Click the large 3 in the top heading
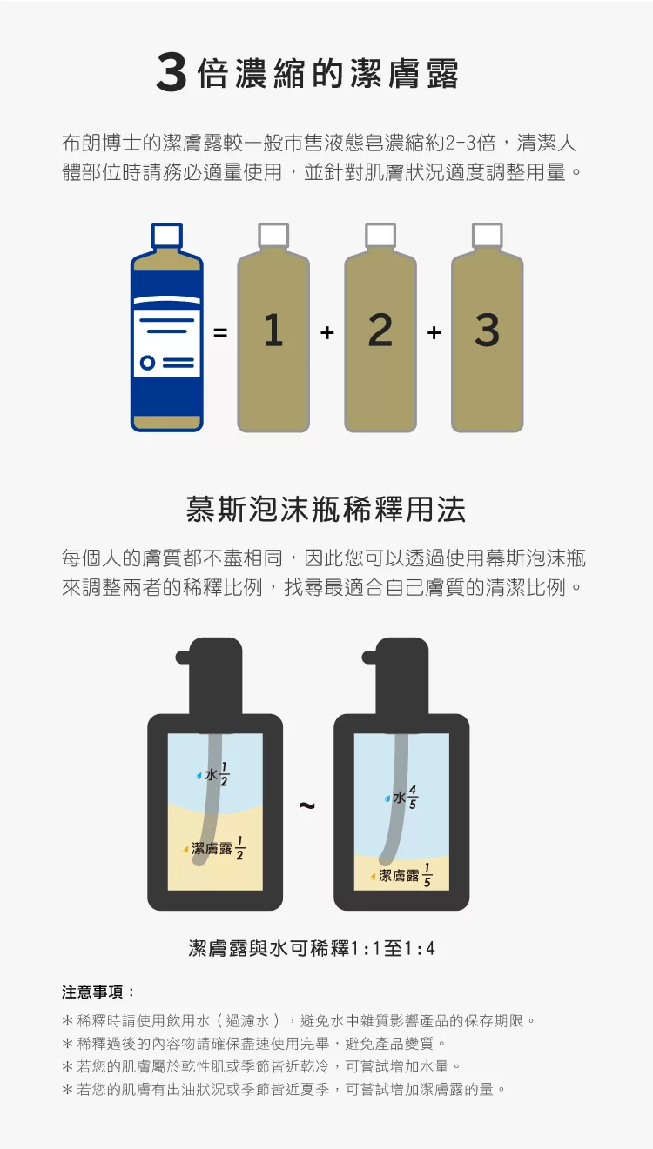(x=172, y=73)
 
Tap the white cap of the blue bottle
(x=167, y=235)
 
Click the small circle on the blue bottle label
(x=147, y=363)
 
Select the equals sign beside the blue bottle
(x=220, y=332)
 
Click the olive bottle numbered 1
(x=273, y=327)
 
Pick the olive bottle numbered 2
(x=380, y=327)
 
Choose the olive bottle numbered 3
(x=488, y=327)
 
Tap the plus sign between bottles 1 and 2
(x=327, y=332)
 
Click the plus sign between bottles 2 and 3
(x=434, y=332)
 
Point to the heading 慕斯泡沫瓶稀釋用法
(x=326, y=510)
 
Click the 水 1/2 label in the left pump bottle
(x=213, y=774)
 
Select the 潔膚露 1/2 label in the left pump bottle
(x=214, y=848)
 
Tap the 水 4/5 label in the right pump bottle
(x=401, y=797)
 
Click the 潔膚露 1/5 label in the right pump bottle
(x=401, y=875)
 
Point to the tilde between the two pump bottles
(x=307, y=805)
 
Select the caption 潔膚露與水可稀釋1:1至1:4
(x=312, y=948)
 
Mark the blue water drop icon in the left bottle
(x=199, y=776)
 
